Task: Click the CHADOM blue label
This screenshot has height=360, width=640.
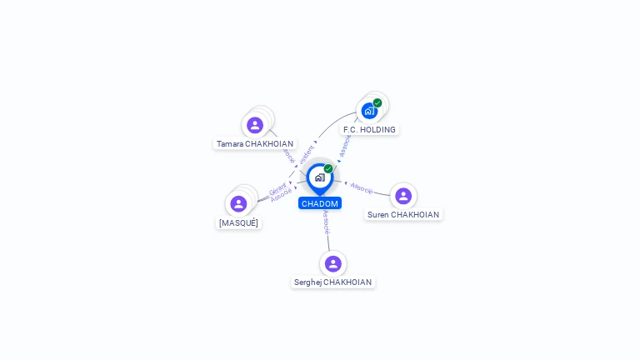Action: pos(320,203)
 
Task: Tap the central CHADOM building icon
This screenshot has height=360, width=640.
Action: pos(319,177)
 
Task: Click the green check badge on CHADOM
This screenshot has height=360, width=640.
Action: pos(328,168)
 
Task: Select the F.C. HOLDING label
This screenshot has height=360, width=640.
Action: pos(369,130)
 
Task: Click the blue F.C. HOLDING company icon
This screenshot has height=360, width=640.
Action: pos(368,111)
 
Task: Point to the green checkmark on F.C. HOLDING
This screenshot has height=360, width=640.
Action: pos(377,103)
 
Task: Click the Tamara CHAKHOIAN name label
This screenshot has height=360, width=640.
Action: pos(255,144)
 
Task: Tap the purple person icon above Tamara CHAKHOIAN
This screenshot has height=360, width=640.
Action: pos(255,125)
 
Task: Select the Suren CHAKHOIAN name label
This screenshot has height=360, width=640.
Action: pos(403,215)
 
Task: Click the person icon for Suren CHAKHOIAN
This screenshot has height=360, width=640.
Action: pos(403,196)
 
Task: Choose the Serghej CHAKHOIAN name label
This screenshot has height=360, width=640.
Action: pos(332,282)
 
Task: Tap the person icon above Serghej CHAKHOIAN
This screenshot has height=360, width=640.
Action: pos(333,263)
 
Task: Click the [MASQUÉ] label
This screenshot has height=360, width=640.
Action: pos(238,223)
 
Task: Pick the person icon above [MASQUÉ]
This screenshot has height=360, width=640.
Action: pos(238,204)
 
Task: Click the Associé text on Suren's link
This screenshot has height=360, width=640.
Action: pos(362,188)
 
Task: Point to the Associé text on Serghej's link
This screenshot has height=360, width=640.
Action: pos(326,222)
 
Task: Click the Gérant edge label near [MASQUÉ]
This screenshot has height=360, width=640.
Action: pos(277,189)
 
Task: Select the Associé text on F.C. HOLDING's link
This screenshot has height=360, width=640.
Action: pos(345,145)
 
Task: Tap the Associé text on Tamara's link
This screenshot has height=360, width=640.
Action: pos(288,155)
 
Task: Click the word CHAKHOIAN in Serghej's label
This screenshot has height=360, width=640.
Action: pos(347,282)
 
